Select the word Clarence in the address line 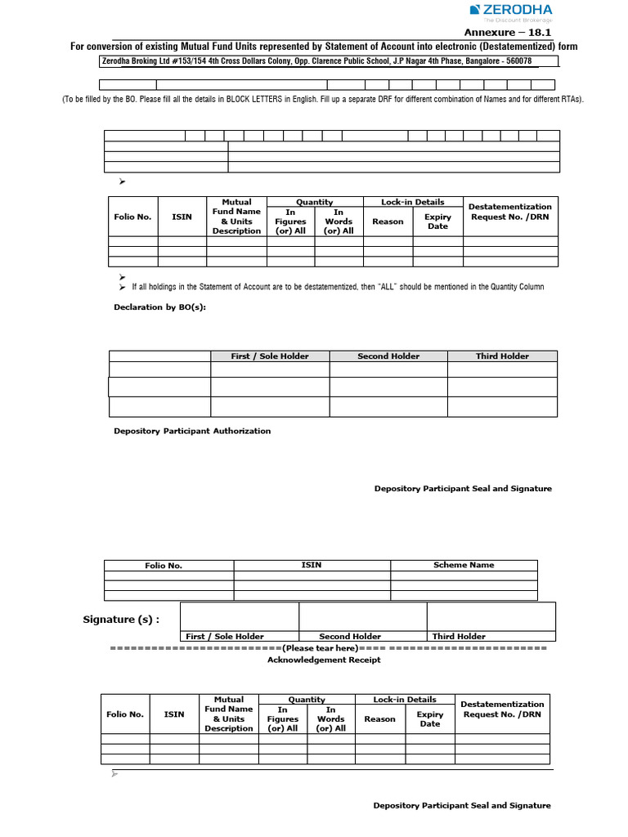click(313, 61)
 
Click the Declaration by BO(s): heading click(159, 307)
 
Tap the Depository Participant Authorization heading click(192, 431)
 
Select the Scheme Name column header click(464, 565)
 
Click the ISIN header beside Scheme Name click(312, 565)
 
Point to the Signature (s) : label click(121, 620)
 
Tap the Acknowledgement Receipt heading click(324, 660)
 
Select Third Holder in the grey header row click(502, 356)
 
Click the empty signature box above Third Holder click(491, 616)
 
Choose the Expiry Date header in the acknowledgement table click(430, 719)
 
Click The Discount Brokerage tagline click(526, 19)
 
